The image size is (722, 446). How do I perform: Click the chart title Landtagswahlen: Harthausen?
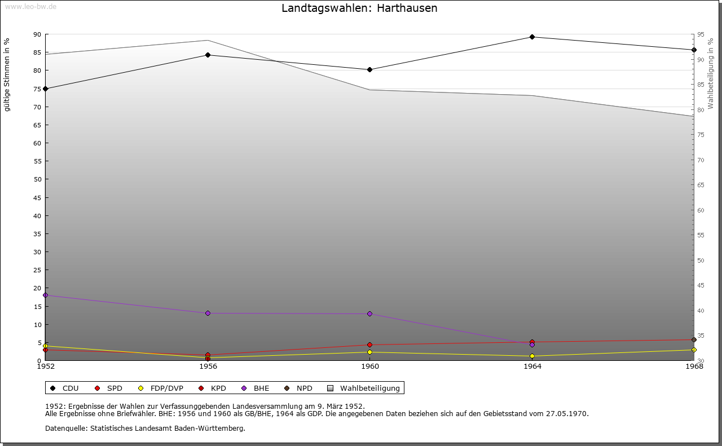click(359, 8)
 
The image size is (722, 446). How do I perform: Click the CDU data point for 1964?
click(532, 37)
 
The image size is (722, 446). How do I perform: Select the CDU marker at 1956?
click(208, 55)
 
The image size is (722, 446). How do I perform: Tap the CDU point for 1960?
click(369, 70)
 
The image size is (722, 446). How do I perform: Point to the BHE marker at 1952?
click(46, 295)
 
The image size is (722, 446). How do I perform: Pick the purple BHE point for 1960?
click(369, 313)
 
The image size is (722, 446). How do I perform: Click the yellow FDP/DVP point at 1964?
click(532, 356)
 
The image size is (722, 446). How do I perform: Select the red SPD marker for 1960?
click(369, 345)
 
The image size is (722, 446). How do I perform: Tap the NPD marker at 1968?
click(694, 339)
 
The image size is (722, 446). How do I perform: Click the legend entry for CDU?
click(64, 388)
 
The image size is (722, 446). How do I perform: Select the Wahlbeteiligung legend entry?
click(363, 388)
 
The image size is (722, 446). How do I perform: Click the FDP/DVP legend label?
click(161, 388)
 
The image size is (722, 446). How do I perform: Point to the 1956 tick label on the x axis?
click(208, 366)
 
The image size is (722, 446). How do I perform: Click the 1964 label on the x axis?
click(532, 366)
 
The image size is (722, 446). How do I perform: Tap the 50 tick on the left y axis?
click(37, 179)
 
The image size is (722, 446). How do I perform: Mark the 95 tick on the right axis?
click(700, 34)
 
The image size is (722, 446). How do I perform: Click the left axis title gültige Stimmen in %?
click(7, 74)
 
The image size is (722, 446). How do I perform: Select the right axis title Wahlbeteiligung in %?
click(711, 73)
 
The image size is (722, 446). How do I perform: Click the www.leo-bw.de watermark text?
click(30, 6)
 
